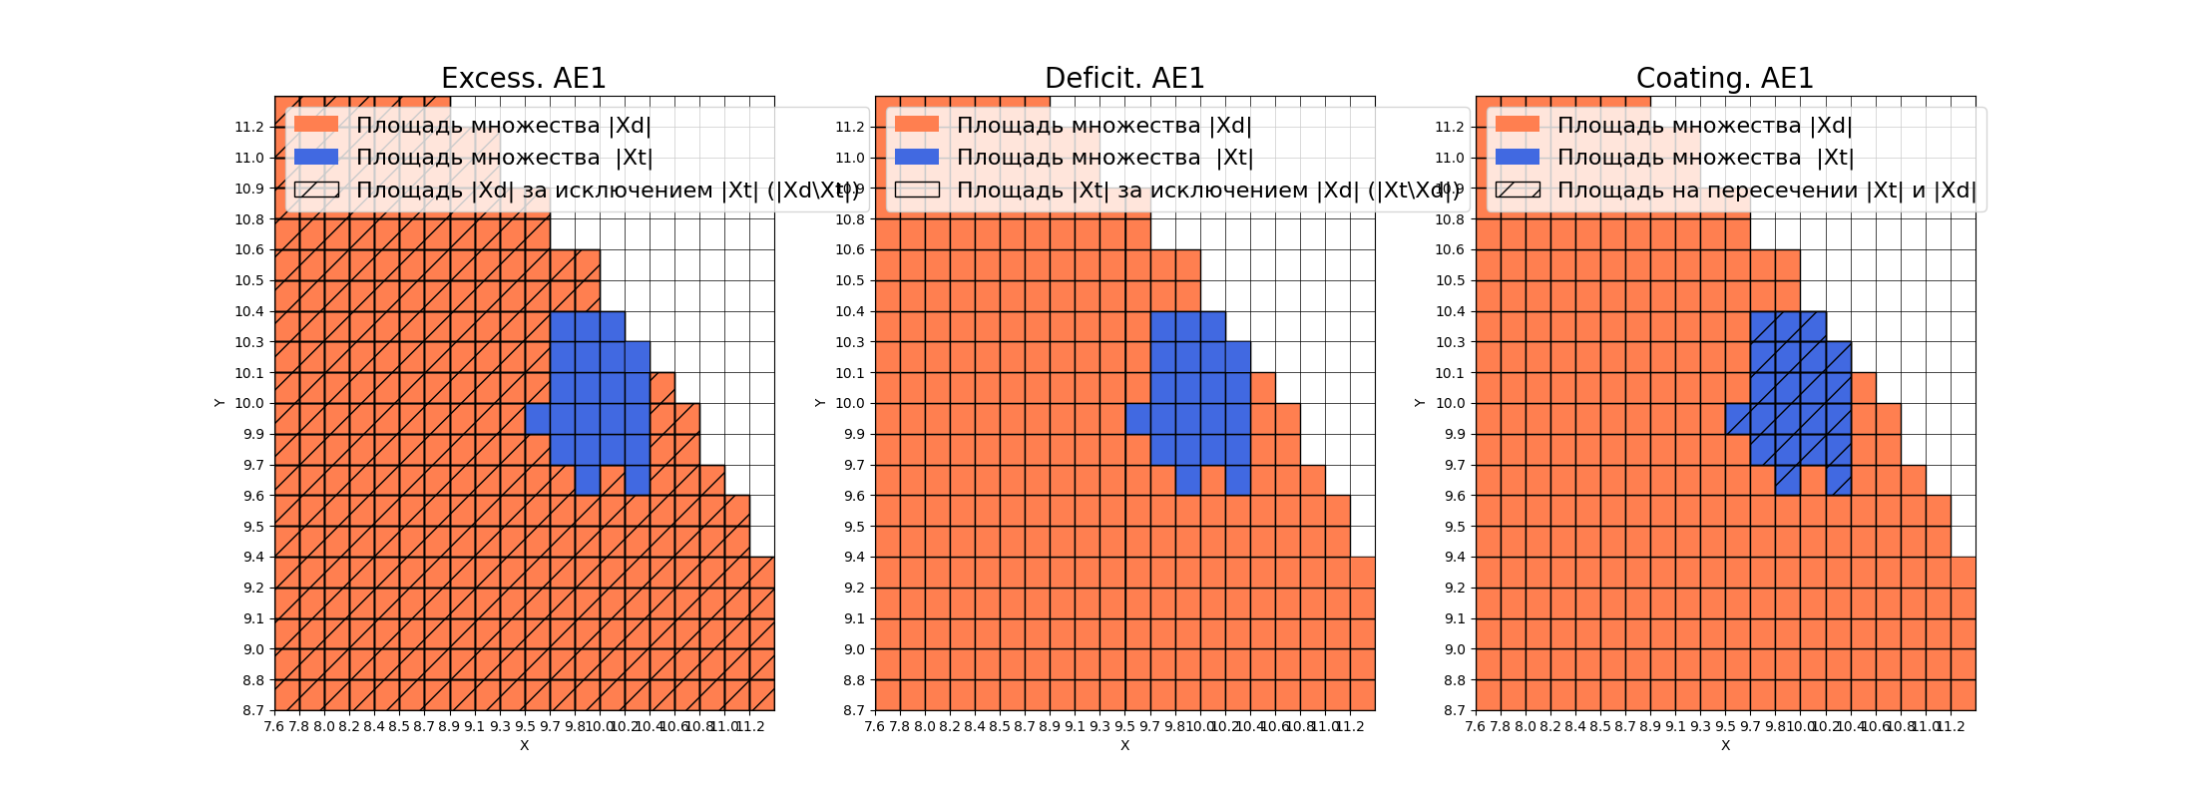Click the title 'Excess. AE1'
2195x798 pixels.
pos(523,78)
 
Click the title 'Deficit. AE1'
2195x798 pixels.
pos(1124,78)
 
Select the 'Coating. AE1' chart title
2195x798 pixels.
pos(1724,78)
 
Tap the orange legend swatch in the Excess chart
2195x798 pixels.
pos(316,125)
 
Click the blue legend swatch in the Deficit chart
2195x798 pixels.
pos(917,157)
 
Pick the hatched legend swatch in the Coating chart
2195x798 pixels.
pos(1518,190)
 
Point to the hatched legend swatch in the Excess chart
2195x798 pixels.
pos(316,190)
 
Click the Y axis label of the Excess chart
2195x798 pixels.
pos(219,403)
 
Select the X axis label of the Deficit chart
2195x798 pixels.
pos(1124,745)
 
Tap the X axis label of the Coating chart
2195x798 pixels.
pos(1725,745)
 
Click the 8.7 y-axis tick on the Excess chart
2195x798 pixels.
pos(250,710)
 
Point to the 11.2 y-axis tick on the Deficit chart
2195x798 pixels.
pos(851,127)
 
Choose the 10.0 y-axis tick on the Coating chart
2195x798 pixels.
pos(1452,403)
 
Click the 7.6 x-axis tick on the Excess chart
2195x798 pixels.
pos(274,726)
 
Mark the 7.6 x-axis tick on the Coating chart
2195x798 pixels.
pos(1476,726)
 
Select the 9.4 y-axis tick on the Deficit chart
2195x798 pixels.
pos(851,557)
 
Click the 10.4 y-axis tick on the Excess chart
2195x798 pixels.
pos(250,311)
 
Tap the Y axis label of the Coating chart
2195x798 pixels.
pos(1420,403)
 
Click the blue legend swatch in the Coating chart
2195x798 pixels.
pos(1518,157)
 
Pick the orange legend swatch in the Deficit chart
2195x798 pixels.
pos(917,125)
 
